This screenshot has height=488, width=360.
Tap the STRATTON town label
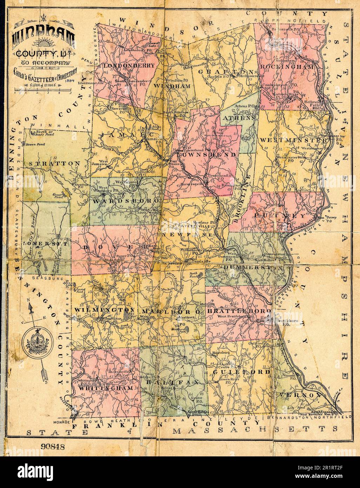[55, 164]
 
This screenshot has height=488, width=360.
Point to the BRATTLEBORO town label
[239, 311]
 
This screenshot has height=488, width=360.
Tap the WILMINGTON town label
[104, 310]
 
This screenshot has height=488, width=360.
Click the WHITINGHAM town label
[106, 388]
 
